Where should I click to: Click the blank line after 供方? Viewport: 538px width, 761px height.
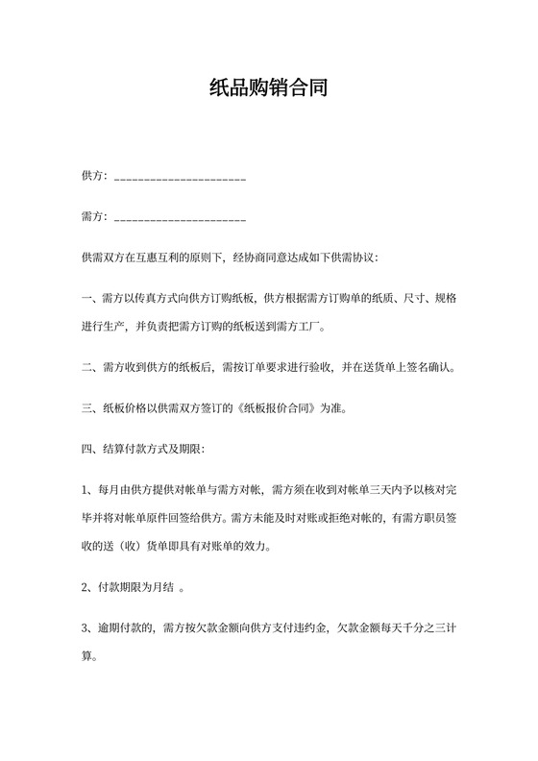pyautogui.click(x=180, y=179)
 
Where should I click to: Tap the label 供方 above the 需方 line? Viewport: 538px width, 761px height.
pyautogui.click(x=92, y=177)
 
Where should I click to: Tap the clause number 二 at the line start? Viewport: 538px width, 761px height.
pyautogui.click(x=87, y=367)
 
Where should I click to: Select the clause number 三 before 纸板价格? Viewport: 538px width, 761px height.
pyautogui.click(x=87, y=406)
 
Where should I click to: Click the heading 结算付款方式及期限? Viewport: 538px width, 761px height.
pyautogui.click(x=148, y=447)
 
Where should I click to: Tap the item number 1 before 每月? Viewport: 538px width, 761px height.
pyautogui.click(x=86, y=491)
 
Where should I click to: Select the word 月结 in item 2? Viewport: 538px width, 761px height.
pyautogui.click(x=164, y=587)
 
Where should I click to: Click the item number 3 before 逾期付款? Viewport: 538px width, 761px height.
pyautogui.click(x=86, y=627)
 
